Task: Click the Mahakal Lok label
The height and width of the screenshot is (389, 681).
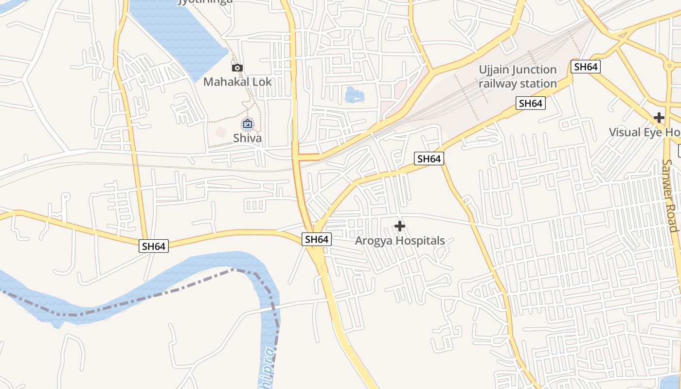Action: (x=237, y=81)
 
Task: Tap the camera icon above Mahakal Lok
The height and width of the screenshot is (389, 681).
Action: (x=237, y=68)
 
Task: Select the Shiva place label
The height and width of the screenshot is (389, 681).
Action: (x=247, y=138)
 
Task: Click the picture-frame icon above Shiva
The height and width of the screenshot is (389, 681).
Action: (x=248, y=124)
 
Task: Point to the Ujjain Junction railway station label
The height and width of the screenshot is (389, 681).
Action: (x=518, y=77)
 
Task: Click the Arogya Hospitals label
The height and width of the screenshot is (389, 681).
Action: (x=400, y=240)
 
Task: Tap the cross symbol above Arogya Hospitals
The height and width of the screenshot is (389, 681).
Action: (x=400, y=226)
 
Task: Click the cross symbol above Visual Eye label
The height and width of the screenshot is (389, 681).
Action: (x=659, y=118)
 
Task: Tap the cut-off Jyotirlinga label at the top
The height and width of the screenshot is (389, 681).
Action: (x=205, y=1)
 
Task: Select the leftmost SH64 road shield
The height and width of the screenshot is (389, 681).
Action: (x=154, y=246)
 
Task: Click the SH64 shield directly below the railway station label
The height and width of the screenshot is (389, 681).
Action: (x=531, y=103)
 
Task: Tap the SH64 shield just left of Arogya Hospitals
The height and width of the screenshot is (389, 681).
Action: (x=317, y=239)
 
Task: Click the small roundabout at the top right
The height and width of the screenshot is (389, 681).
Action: (x=670, y=65)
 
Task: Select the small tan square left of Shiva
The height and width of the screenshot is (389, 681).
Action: (x=221, y=132)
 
